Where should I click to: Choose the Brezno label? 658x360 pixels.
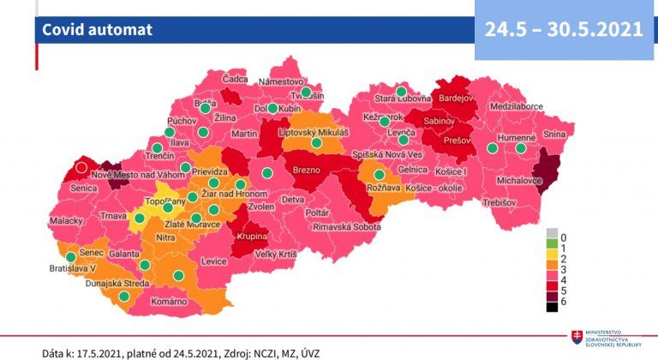[306, 171]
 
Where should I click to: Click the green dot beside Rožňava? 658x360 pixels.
[379, 175]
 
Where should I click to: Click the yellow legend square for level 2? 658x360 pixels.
[552, 259]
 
